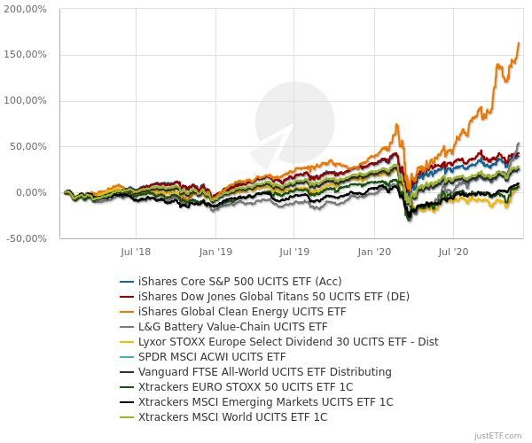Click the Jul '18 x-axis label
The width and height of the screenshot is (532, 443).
click(x=135, y=253)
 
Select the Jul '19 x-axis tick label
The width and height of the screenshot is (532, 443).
click(x=294, y=253)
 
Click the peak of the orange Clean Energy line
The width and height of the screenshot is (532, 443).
click(x=519, y=43)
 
